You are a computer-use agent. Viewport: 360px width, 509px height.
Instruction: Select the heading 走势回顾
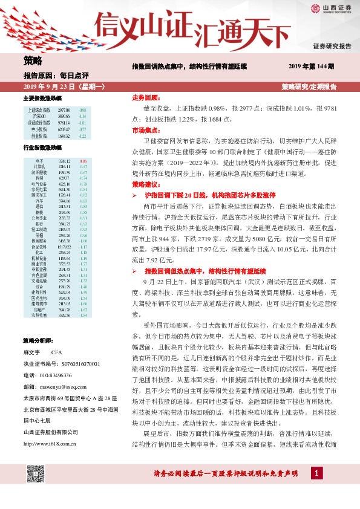(145, 97)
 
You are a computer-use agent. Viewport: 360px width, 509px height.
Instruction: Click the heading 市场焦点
(145, 130)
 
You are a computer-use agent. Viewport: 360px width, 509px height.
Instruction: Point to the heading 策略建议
(145, 184)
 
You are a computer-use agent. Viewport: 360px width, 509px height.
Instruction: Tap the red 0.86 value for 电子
(83, 160)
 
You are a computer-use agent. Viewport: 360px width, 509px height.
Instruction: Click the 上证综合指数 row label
(40, 109)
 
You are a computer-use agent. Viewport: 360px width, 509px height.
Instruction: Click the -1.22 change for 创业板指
(83, 136)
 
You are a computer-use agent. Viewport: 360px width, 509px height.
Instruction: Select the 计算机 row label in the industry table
(39, 166)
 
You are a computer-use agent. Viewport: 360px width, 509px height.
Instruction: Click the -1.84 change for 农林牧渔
(83, 315)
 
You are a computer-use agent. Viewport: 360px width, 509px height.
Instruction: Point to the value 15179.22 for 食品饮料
(64, 247)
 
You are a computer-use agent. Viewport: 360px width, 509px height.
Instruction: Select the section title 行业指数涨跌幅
(42, 148)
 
